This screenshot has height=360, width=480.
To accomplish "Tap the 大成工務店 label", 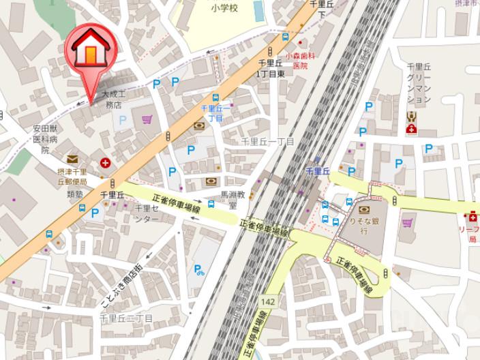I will click(112, 99).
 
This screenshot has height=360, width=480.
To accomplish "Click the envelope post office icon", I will click(72, 160).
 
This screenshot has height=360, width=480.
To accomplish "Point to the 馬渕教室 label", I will click(232, 199).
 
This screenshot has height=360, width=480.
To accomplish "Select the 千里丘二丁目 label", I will click(126, 318).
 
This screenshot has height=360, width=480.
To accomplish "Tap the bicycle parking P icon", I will click(198, 270).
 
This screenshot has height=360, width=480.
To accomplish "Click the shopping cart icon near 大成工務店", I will click(147, 120).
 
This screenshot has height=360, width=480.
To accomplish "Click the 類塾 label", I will click(74, 194).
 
